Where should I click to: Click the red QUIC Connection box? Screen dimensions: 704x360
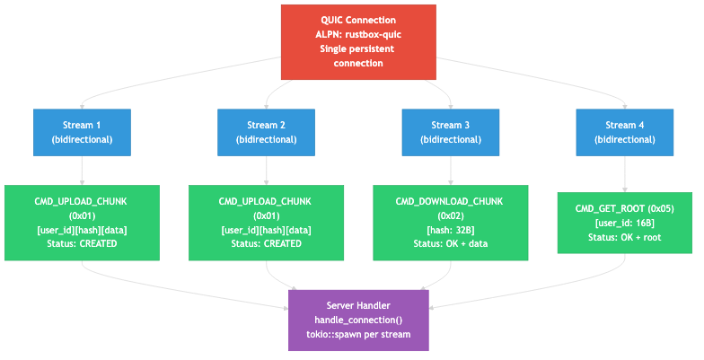pyautogui.click(x=358, y=42)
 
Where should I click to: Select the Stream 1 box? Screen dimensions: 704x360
pyautogui.click(x=83, y=133)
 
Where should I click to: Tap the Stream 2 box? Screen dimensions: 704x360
pyautogui.click(x=266, y=133)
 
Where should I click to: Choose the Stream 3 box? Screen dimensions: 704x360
pyautogui.click(x=451, y=133)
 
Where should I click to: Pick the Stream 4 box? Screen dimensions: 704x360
pyautogui.click(x=625, y=133)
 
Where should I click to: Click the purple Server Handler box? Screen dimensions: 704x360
pyautogui.click(x=358, y=320)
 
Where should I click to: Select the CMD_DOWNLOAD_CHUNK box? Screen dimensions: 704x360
pyautogui.click(x=451, y=223)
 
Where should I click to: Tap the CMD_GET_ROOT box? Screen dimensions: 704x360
pyautogui.click(x=625, y=223)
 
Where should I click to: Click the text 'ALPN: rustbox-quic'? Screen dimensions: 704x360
pyautogui.click(x=358, y=34)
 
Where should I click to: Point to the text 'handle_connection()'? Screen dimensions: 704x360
pyautogui.click(x=358, y=320)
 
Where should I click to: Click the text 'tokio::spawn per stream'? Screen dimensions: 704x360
pyautogui.click(x=358, y=334)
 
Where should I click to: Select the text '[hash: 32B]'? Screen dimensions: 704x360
pyautogui.click(x=451, y=230)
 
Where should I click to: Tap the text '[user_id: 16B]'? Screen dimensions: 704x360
pyautogui.click(x=625, y=223)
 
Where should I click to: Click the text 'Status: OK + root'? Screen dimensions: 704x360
pyautogui.click(x=625, y=237)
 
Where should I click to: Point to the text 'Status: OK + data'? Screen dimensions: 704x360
pyautogui.click(x=451, y=244)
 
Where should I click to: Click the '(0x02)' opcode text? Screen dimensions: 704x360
pyautogui.click(x=451, y=215)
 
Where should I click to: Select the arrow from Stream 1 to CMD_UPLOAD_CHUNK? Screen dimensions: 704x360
pyautogui.click(x=83, y=171)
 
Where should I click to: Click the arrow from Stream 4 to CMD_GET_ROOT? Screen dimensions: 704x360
pyautogui.click(x=625, y=174)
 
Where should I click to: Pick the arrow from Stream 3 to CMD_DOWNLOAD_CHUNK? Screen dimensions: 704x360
pyautogui.click(x=451, y=171)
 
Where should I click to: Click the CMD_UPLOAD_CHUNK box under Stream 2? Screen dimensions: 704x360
pyautogui.click(x=266, y=223)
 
